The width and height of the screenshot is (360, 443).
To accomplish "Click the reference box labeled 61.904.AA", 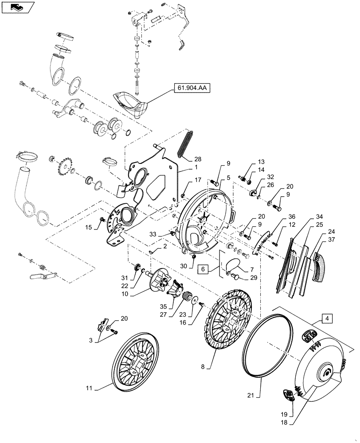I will pyautogui.click(x=189, y=89).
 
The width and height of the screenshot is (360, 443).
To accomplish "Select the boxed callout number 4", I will pyautogui.click(x=326, y=318).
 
